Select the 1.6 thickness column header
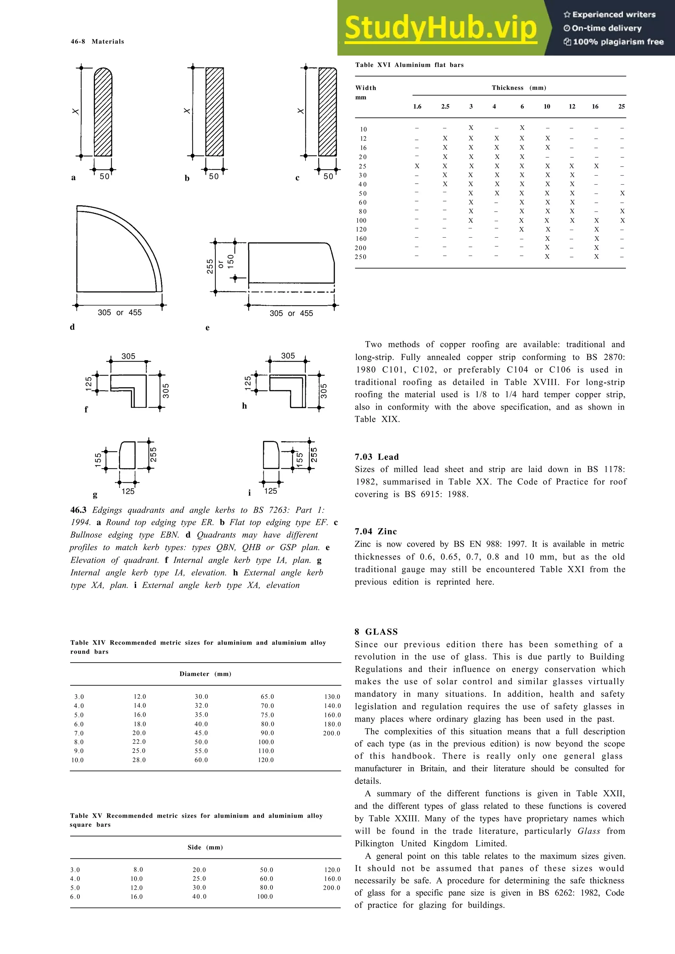coord(417,107)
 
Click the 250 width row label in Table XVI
coord(361,257)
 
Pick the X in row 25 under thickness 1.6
coord(417,166)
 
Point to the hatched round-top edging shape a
coord(103,112)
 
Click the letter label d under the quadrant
coord(73,327)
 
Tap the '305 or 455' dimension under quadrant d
coord(119,312)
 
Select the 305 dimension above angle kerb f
coord(128,356)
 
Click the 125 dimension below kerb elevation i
coord(270,491)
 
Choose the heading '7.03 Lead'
coord(376,457)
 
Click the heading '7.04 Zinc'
coord(375,531)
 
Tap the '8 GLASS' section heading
coord(376,632)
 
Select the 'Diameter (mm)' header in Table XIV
coord(205,674)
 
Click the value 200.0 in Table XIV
coord(332,733)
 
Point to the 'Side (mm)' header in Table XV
coord(205,847)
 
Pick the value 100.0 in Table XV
coord(265,897)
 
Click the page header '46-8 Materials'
coord(97,41)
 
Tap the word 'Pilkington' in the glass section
coord(374,843)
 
